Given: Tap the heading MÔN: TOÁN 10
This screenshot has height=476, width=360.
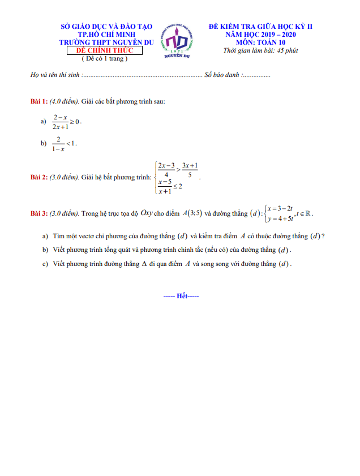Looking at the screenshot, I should [260, 42].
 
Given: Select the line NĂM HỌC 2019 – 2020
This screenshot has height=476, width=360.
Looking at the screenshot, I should [260, 35].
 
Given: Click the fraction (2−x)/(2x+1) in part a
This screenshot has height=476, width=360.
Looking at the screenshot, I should [60, 122].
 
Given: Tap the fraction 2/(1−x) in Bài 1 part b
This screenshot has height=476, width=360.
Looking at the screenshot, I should [58, 143].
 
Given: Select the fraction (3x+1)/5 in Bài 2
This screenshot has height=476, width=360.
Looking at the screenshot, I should [190, 170].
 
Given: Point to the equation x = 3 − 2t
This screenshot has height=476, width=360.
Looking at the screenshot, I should [280, 208].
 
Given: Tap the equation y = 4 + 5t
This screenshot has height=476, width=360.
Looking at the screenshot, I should [280, 219].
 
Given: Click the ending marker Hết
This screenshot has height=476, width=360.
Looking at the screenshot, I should [181, 296].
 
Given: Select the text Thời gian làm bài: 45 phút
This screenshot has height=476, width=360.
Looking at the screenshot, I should [260, 50].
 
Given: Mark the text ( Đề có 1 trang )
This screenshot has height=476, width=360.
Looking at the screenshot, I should [105, 58].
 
